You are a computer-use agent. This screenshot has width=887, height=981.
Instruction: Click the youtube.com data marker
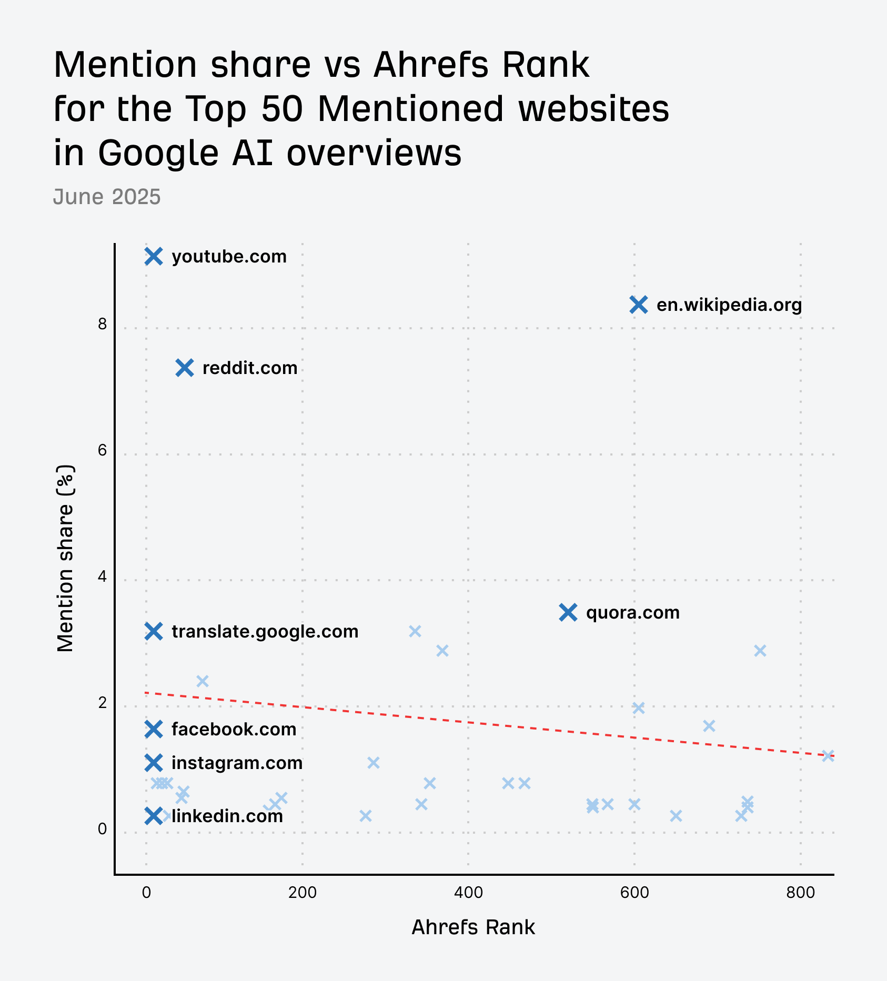tap(154, 257)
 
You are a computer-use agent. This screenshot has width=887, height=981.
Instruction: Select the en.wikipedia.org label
tap(729, 305)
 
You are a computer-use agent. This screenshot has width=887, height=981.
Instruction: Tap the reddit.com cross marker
tap(185, 368)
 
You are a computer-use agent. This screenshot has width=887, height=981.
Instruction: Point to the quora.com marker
tap(568, 612)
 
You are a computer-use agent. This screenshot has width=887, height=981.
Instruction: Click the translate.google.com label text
tap(265, 631)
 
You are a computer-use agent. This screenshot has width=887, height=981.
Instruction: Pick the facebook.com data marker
tap(154, 729)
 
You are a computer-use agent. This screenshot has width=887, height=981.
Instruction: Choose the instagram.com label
tap(237, 763)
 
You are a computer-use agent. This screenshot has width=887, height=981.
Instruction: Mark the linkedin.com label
tap(227, 816)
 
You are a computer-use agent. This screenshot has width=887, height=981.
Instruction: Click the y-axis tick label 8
tap(102, 324)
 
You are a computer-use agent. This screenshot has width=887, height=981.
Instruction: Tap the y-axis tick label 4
tap(102, 577)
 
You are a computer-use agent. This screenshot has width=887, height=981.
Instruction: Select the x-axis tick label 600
tap(634, 893)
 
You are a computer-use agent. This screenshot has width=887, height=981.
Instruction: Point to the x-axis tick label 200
tap(303, 893)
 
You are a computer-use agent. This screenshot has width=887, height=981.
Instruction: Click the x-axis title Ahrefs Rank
tap(473, 928)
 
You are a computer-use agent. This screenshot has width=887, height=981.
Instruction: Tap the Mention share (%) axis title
tap(66, 558)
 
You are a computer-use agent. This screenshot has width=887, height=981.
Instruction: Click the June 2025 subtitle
tap(107, 197)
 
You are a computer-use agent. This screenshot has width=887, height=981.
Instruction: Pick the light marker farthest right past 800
tap(828, 756)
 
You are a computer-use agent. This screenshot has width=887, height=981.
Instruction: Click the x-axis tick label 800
tap(801, 893)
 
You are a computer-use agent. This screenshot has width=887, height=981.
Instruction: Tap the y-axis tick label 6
tap(102, 450)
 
